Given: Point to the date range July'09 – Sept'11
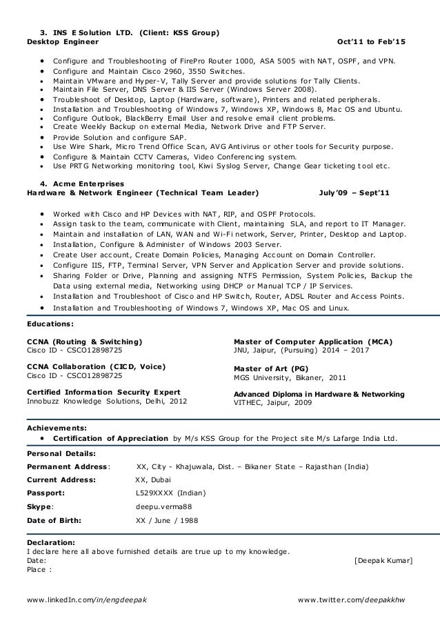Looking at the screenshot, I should pyautogui.click(x=354, y=192).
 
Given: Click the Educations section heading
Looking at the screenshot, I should pyautogui.click(x=50, y=323).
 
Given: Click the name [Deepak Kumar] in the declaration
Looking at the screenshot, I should pyautogui.click(x=383, y=560).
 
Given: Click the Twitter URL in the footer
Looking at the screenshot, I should pyautogui.click(x=352, y=599).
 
